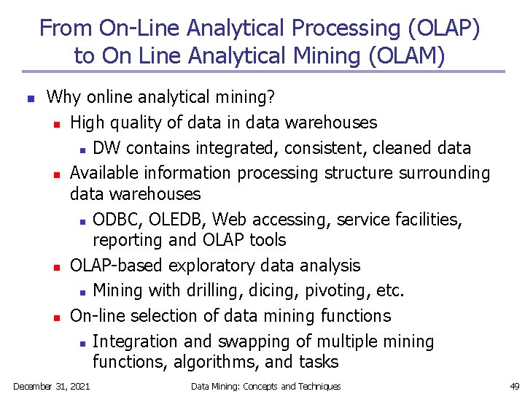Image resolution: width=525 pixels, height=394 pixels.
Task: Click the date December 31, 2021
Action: pyautogui.click(x=52, y=386)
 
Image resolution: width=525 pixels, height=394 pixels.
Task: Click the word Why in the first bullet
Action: pyautogui.click(x=63, y=96)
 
